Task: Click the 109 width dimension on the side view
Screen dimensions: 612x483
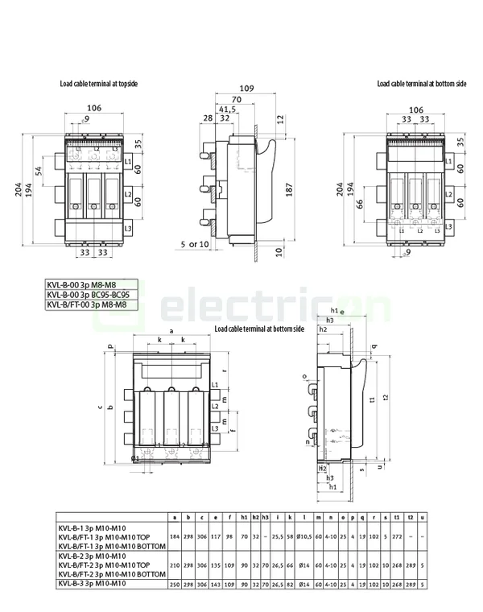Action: (x=247, y=88)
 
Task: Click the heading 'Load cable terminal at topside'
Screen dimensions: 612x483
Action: (x=93, y=84)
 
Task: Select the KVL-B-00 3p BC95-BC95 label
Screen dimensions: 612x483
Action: (x=87, y=295)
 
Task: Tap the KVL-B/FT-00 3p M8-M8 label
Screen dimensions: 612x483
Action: (x=87, y=304)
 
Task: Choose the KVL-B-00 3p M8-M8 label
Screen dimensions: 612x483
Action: (x=87, y=285)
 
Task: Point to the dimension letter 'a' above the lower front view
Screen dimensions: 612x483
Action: (x=171, y=331)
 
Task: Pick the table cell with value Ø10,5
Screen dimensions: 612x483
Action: (x=303, y=535)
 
